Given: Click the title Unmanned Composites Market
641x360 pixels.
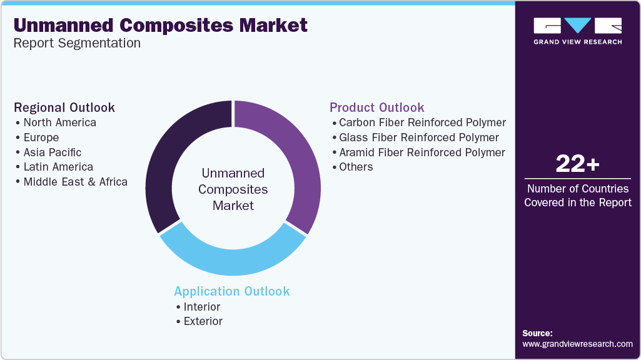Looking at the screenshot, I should pos(160,25).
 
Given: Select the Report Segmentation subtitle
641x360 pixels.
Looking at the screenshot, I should pos(77,43).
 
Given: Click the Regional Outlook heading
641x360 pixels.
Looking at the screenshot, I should pos(64,107).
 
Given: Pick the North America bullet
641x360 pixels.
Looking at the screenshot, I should pos(59,122).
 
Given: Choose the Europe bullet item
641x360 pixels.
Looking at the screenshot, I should pos(41,137).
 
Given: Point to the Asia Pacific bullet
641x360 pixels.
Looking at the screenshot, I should pos(52,152).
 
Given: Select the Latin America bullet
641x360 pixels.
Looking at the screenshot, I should pos(58,167).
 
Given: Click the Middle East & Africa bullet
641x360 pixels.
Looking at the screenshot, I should pos(75,182).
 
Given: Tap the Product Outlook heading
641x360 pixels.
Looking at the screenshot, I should pos(377,107).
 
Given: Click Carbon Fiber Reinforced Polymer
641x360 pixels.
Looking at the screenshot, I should pos(422,122).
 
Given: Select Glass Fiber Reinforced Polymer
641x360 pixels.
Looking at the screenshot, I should pos(418,137).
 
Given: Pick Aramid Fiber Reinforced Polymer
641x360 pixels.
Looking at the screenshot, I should pos(421,152).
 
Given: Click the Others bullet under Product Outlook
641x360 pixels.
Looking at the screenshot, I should pos(356,167).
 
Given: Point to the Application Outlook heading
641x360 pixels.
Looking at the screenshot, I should pos(232,291).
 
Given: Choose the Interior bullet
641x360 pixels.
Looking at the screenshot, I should pos(201,307).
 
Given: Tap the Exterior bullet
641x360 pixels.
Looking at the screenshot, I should pos(203,321).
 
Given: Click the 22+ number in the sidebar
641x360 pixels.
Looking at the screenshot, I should pos(577,165).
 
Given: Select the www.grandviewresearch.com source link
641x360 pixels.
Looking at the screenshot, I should pos(577,344).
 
